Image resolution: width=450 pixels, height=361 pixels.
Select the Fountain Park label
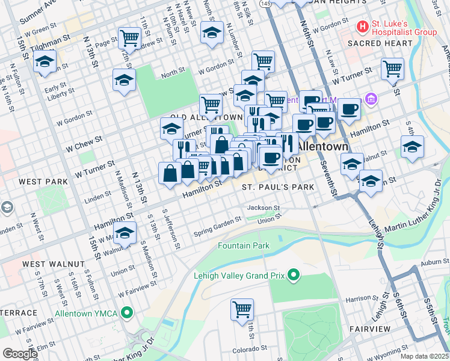pyautogui.click(x=244, y=245)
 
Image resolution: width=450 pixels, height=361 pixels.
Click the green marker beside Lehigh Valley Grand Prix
pyautogui.click(x=294, y=276)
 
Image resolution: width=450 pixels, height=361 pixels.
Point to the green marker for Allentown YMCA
pyautogui.click(x=127, y=313)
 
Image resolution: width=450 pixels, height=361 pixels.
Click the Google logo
pyautogui.click(x=19, y=354)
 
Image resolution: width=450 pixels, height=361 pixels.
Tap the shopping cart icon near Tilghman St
pyautogui.click(x=130, y=39)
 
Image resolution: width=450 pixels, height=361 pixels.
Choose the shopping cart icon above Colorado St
pyautogui.click(x=242, y=310)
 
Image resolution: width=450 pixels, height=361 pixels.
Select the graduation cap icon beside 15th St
pyautogui.click(x=45, y=62)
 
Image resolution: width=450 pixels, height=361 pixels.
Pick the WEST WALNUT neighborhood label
pyautogui.click(x=45, y=264)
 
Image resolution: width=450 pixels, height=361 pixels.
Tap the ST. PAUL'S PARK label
pyautogui.click(x=278, y=187)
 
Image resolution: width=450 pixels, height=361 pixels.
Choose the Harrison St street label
pyautogui.click(x=361, y=298)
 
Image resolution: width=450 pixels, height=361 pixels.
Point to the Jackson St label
pyautogui.click(x=264, y=208)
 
